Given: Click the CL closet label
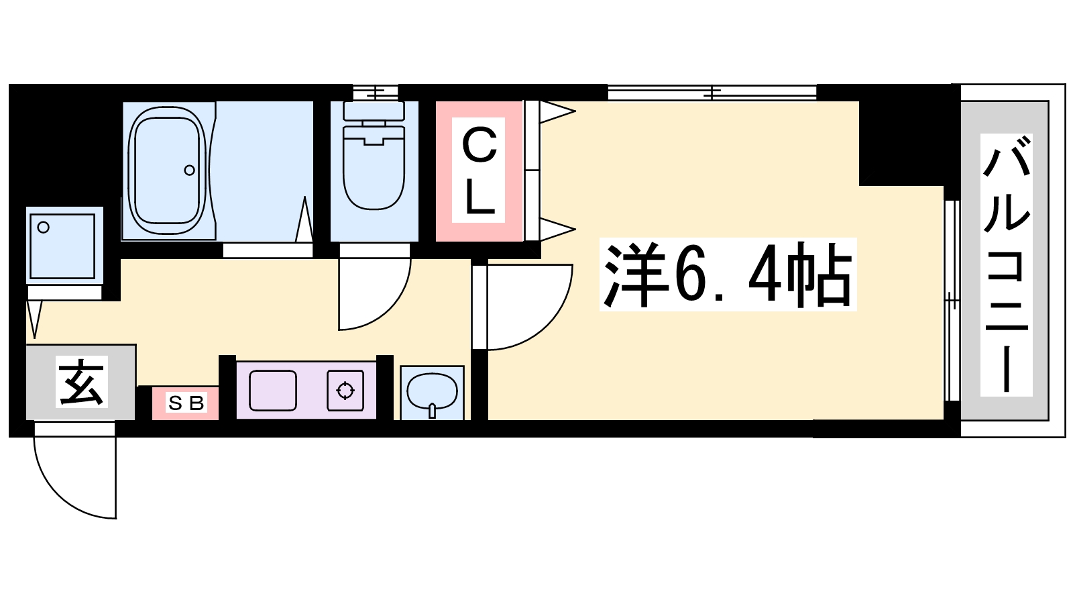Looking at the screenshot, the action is [x=479, y=170].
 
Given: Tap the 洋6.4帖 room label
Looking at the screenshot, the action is [x=728, y=274].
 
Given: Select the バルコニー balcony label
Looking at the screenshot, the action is [x=1006, y=264].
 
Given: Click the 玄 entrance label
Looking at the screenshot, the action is [x=81, y=382].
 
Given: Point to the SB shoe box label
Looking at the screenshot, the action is [x=186, y=403].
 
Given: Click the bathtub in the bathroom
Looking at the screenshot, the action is [x=167, y=171].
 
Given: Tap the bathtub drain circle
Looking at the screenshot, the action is [x=189, y=170].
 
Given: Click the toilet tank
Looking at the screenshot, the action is [x=374, y=111].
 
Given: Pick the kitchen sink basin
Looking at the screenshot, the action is [x=272, y=390].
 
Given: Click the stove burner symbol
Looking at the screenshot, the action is [x=345, y=390].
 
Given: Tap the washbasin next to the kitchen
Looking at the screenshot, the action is [x=432, y=392].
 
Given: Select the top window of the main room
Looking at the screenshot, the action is [x=712, y=93].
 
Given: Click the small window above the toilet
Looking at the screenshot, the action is [x=376, y=93].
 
